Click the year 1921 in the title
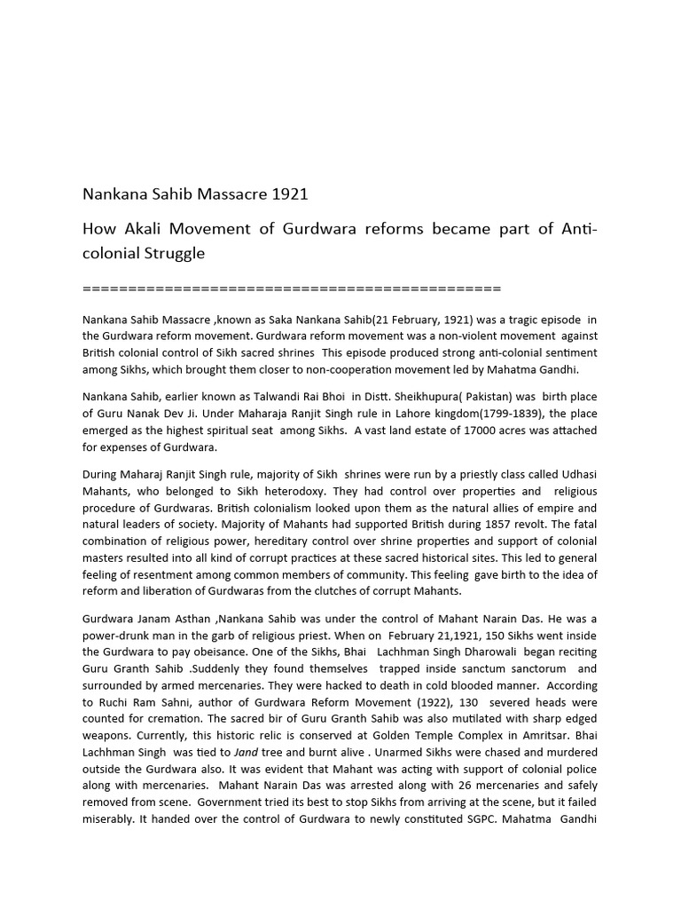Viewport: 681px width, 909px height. click(x=291, y=194)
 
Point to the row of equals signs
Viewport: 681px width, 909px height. click(x=292, y=289)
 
